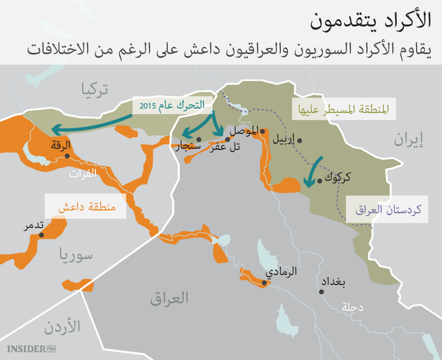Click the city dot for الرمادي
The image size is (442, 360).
[x=265, y=283]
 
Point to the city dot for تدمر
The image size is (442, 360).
[x=41, y=235]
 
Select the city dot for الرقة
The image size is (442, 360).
[x=67, y=156]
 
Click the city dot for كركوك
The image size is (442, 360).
[x=319, y=181]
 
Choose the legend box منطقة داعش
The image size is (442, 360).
[x=86, y=207]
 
